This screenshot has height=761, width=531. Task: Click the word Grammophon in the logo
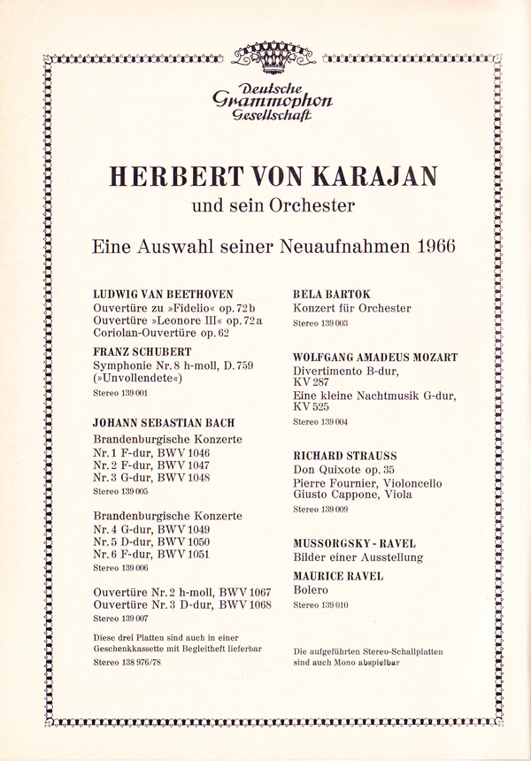pyautogui.click(x=266, y=100)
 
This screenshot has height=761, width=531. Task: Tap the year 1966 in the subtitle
pyautogui.click(x=428, y=245)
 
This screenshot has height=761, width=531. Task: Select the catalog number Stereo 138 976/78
pyautogui.click(x=127, y=661)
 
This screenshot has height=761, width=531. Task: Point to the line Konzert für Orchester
pyautogui.click(x=351, y=309)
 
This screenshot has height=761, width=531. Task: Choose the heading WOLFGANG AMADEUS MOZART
pyautogui.click(x=374, y=357)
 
